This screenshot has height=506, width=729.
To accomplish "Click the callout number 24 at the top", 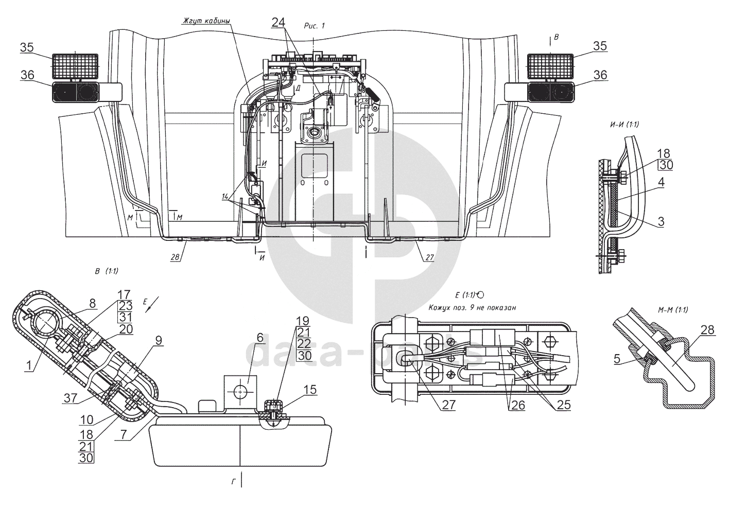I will pyautogui.click(x=278, y=22).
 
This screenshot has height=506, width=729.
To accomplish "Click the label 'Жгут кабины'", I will pyautogui.click(x=205, y=21).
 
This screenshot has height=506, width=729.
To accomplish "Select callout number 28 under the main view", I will pyautogui.click(x=175, y=258).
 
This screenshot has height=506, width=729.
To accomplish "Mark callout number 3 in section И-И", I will pyautogui.click(x=659, y=222).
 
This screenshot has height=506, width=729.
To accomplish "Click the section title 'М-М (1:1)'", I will pyautogui.click(x=672, y=309).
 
